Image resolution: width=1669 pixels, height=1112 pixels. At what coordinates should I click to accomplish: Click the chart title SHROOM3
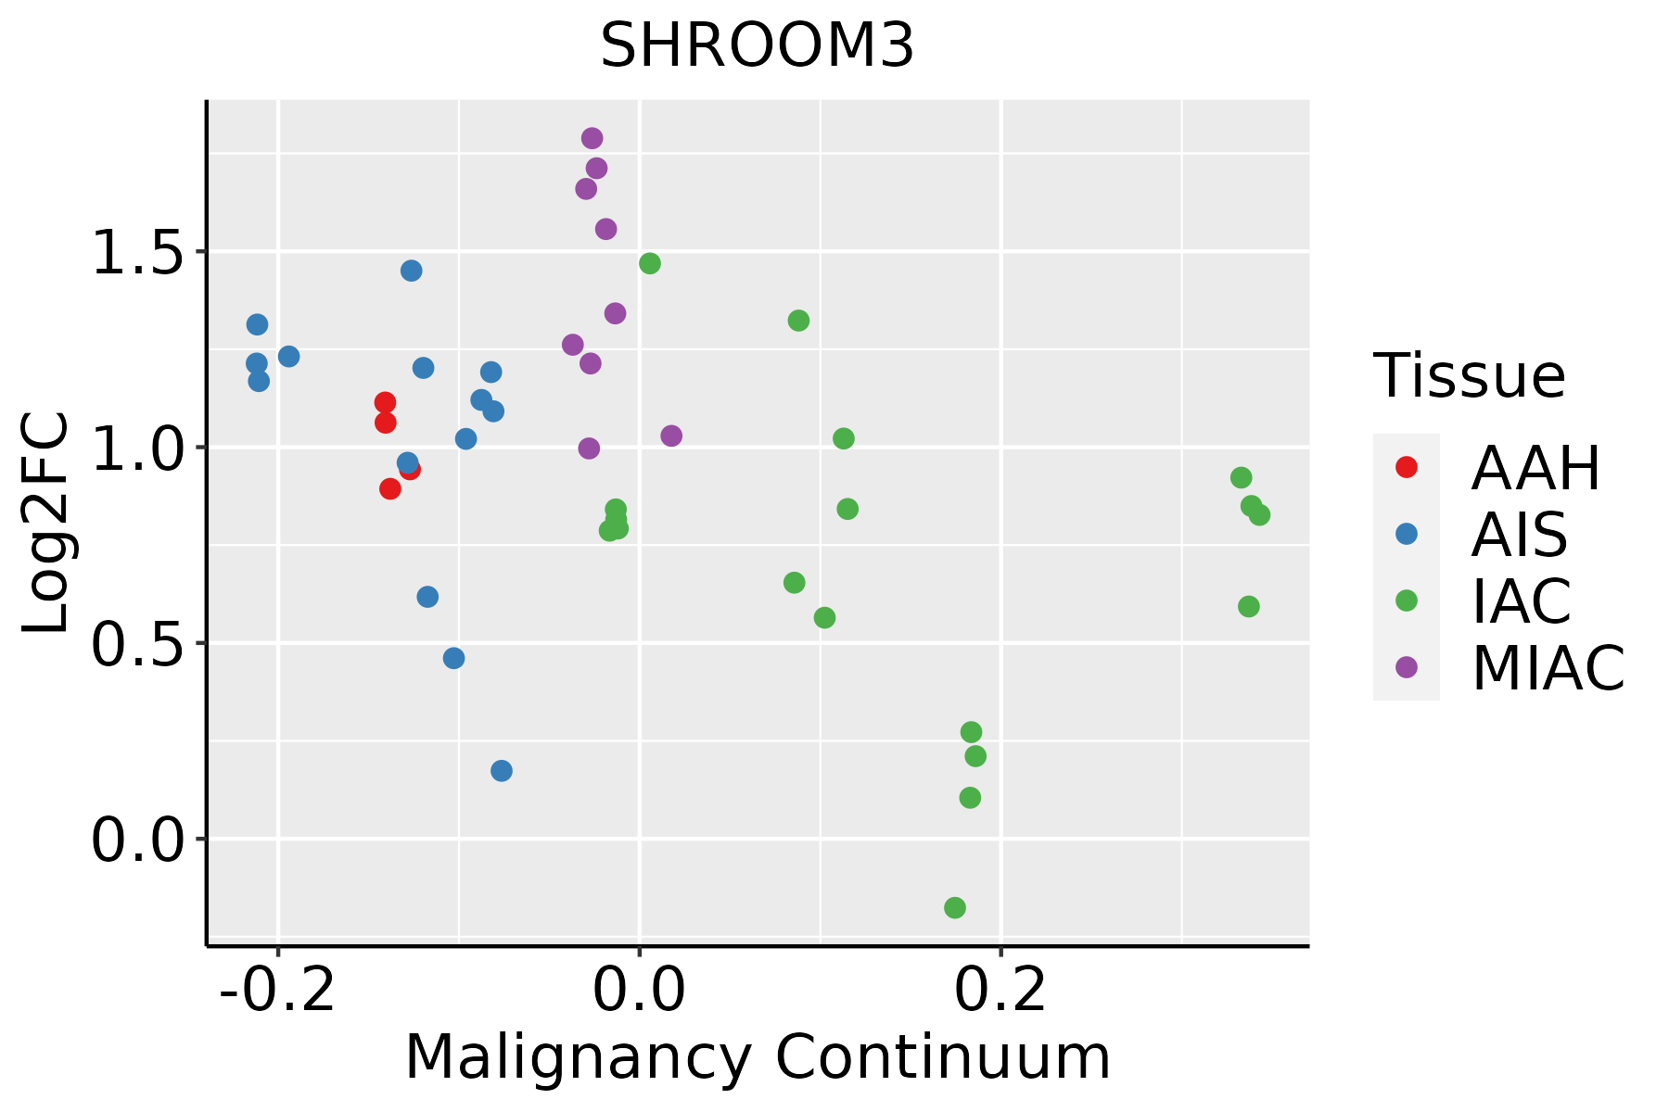758,46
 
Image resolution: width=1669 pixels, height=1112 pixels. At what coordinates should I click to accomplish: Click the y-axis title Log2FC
46,524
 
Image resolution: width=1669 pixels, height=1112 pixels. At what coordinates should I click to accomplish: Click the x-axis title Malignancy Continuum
758,1057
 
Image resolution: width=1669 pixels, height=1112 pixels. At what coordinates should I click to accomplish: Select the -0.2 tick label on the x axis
277,991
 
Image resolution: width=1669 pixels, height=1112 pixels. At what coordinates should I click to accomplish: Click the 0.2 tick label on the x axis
1001,991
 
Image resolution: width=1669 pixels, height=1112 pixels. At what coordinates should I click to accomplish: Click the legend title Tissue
1470,376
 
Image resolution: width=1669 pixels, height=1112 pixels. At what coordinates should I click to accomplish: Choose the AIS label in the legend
1520,535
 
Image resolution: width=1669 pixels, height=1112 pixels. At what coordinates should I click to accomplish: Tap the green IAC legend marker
1407,600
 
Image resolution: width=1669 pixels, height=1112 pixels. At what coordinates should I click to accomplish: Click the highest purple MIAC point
592,138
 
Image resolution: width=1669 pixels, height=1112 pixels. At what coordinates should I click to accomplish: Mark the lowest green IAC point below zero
955,907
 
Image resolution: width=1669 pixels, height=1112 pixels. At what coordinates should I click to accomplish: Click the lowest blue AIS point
502,771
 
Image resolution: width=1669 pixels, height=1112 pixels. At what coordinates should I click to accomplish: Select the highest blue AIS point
412,271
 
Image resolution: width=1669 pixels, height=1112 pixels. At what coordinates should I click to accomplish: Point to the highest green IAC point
650,263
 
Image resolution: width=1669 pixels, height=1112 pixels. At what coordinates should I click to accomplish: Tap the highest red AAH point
386,402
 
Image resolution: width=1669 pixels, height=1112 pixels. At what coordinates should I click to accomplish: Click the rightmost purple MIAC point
671,436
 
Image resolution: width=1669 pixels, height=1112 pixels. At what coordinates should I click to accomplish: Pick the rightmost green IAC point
1259,515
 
